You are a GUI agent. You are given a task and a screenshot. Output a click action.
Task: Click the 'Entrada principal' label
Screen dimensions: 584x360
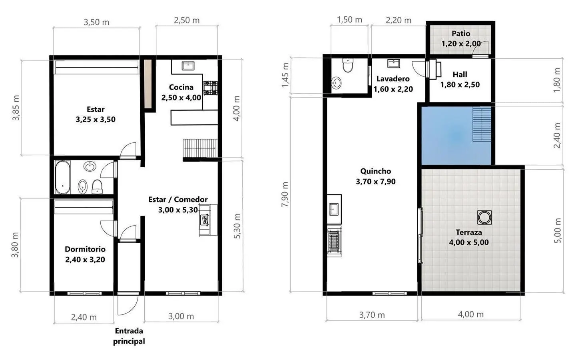point(129,336)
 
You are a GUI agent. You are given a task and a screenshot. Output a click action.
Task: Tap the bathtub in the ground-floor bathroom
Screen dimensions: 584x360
point(63,177)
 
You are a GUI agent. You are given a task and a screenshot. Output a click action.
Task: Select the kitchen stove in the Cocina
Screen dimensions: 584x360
point(210,88)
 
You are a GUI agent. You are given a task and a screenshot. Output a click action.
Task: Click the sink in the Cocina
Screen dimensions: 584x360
point(188,66)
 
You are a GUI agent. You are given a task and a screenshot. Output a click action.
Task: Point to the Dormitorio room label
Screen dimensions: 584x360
point(85,254)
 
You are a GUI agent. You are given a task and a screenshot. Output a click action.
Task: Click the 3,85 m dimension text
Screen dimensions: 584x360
point(16,108)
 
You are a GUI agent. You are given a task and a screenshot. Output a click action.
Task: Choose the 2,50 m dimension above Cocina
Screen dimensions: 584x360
point(187,20)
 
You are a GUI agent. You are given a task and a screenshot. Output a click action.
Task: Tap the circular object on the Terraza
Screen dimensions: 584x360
point(484,217)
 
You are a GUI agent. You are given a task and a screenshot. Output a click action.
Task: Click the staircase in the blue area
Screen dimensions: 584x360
point(482,125)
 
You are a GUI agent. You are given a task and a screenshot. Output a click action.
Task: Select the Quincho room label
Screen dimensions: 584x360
point(376,176)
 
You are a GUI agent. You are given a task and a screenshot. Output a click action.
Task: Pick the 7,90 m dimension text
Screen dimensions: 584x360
point(285,194)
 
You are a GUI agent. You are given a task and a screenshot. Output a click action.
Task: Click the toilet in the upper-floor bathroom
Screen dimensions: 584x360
point(348,65)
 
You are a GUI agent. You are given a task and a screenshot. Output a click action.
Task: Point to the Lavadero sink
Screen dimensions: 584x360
point(393,63)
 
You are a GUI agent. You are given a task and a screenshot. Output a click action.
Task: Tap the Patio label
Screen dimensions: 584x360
point(460,33)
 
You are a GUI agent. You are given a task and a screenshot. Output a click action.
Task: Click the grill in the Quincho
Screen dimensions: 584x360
point(334,242)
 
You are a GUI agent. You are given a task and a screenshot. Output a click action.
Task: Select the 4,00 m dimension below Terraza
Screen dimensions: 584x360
point(471,314)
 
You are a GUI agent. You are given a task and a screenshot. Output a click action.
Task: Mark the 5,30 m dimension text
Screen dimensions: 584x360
point(237,226)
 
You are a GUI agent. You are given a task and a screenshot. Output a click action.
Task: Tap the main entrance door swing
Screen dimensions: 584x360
point(128,304)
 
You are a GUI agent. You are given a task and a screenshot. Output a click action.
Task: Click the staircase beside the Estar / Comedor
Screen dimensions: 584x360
point(200,148)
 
